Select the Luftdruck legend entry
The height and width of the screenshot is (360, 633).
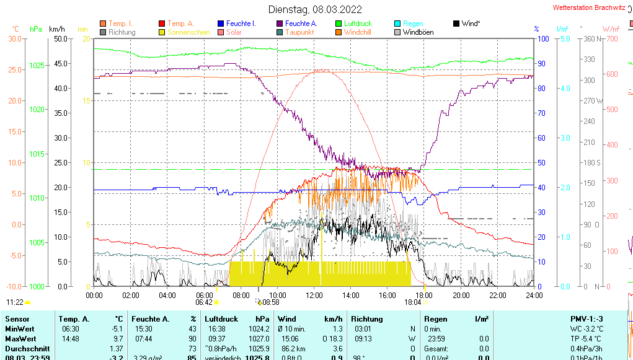[358, 24]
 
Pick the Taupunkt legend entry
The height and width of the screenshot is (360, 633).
[299, 32]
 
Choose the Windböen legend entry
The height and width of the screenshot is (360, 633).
[418, 32]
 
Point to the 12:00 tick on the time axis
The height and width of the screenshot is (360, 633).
[314, 295]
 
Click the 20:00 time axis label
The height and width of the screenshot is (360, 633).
[461, 295]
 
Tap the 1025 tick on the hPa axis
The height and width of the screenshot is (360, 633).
[37, 65]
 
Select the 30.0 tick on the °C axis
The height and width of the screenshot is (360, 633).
[14, 39]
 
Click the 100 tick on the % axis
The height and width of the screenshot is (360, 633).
[542, 39]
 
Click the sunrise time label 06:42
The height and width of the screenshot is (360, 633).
[204, 302]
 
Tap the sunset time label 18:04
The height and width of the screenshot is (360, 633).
[412, 302]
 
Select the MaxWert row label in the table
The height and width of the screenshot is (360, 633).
[20, 339]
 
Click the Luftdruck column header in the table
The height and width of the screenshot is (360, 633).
[221, 319]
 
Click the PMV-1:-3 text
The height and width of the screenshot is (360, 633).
[587, 319]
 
